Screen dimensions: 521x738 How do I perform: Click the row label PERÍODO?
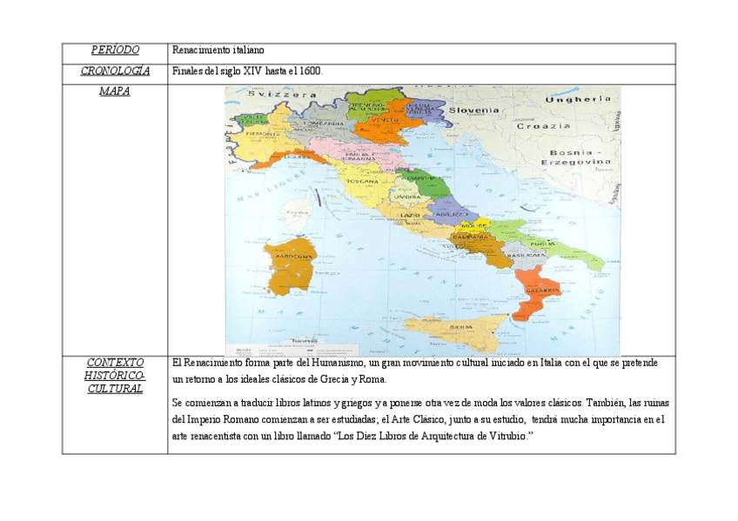[115, 50]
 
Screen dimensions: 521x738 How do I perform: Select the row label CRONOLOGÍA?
[115, 71]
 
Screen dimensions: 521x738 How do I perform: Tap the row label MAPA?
[115, 91]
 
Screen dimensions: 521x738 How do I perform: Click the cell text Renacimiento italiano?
[218, 51]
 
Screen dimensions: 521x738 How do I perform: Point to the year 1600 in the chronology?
[309, 71]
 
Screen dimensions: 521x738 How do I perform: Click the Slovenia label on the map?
[473, 110]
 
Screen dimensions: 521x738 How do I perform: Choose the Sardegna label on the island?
[294, 257]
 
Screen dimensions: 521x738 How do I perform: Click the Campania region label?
[470, 237]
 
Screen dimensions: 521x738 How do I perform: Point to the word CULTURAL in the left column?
[115, 389]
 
